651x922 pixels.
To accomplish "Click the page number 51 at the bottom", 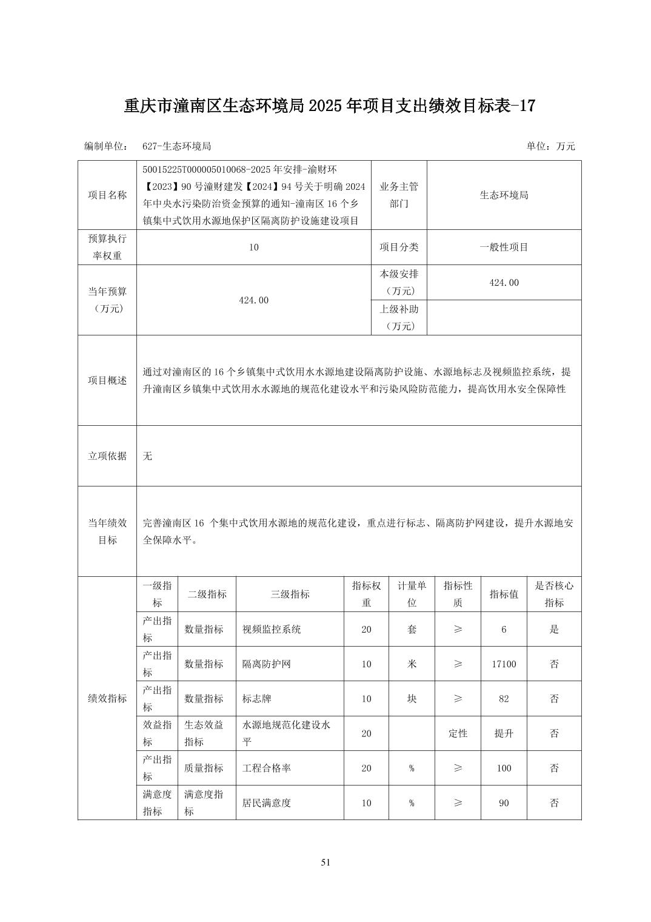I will (326, 863).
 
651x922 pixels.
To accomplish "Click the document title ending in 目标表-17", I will (330, 106).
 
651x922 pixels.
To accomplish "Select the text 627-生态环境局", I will (176, 146).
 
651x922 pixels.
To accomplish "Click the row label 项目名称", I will (107, 195).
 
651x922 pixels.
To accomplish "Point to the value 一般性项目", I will (504, 247).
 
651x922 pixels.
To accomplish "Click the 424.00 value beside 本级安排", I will (504, 283).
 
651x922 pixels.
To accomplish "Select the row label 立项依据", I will (107, 456).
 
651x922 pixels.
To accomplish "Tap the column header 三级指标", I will (290, 594).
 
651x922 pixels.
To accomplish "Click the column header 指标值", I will (504, 594).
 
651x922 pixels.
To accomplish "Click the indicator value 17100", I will (504, 664).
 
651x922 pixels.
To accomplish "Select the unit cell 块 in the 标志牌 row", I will (412, 699).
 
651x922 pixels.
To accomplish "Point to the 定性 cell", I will (458, 733).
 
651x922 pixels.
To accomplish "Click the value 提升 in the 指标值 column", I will (504, 733).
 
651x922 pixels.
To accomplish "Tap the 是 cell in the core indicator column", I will (554, 630).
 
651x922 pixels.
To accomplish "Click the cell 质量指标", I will (204, 768).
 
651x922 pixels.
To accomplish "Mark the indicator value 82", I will (504, 699).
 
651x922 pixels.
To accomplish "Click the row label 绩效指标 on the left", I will (107, 699).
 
